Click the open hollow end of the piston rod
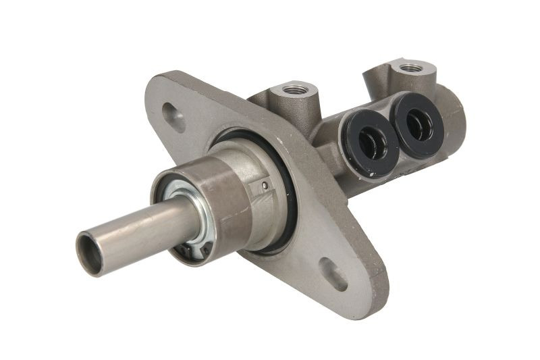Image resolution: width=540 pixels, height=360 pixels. coord(90,253)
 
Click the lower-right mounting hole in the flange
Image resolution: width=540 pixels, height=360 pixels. coord(333,274)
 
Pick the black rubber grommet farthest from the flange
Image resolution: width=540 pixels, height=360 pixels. coord(416,124)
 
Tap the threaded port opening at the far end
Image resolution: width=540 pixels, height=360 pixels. coord(409,68)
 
